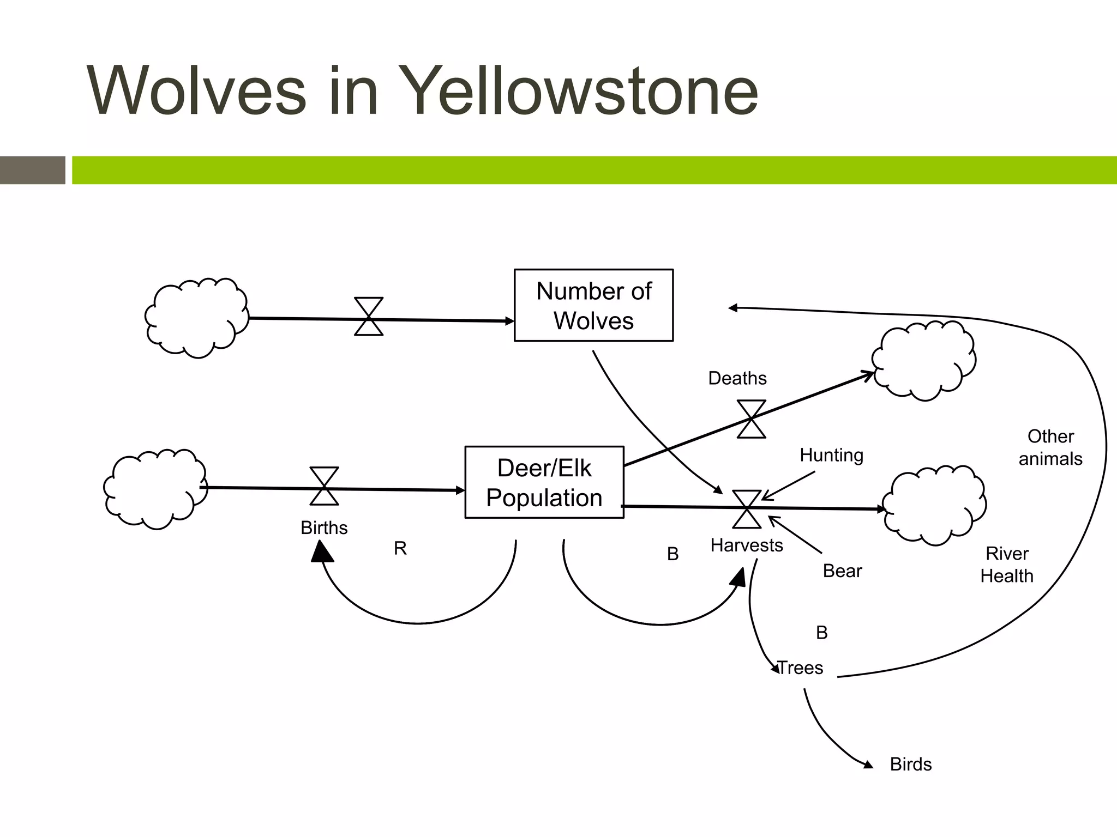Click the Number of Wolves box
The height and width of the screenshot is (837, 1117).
tap(593, 305)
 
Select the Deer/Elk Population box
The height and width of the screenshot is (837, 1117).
tap(544, 482)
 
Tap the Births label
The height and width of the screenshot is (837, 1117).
tap(324, 527)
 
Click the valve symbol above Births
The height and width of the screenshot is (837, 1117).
tap(324, 486)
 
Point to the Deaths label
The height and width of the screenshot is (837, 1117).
tap(737, 378)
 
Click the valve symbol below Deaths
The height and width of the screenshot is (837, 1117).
tap(751, 418)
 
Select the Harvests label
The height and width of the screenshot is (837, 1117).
tap(746, 545)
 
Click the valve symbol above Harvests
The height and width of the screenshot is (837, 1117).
tap(747, 509)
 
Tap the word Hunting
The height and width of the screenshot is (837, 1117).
tap(831, 455)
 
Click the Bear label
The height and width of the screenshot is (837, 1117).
tap(842, 571)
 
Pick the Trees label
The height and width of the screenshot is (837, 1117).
tap(800, 668)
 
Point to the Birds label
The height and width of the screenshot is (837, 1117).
tap(910, 764)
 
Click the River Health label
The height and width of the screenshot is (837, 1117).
tap(1006, 565)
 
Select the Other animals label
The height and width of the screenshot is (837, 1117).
tap(1050, 447)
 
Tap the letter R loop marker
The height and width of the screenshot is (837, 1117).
tap(400, 548)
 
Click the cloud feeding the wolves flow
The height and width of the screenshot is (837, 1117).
tap(196, 318)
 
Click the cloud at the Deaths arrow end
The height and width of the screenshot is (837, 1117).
tap(923, 360)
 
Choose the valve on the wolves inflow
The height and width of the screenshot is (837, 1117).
tap(369, 317)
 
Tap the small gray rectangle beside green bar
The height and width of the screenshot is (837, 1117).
tap(33, 170)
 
